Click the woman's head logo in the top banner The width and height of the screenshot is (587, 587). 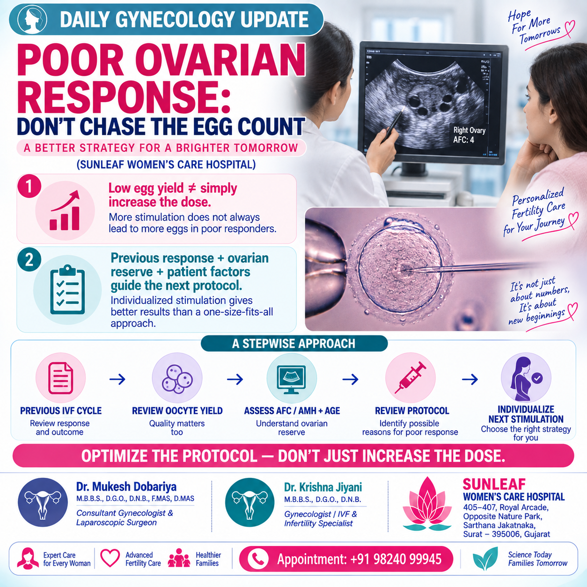[32, 19]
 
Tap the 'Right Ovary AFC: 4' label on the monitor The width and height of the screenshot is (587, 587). [469, 135]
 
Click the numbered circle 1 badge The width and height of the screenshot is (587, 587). [29, 186]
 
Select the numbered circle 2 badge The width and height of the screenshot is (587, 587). [29, 260]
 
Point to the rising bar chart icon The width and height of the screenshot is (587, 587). [65, 211]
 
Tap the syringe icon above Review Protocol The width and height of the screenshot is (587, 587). [411, 378]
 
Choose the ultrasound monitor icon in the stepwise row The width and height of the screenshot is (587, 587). [292, 379]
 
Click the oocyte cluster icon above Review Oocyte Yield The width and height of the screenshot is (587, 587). [177, 379]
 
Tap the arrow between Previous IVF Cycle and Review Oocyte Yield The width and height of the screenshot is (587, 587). [117, 379]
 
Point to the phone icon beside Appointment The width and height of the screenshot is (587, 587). [258, 559]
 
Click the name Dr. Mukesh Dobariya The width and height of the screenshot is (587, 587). [126, 486]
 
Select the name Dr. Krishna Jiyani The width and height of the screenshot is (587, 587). [323, 487]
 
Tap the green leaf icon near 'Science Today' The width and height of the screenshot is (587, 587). [485, 558]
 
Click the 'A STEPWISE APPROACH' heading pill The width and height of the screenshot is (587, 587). [294, 343]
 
